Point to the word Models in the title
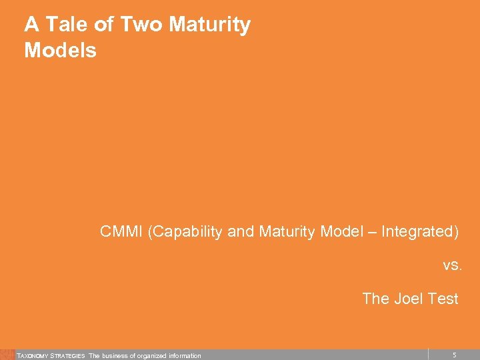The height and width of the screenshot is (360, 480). (60, 51)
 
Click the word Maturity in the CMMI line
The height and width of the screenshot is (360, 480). (283, 232)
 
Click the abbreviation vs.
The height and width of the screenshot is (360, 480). (452, 265)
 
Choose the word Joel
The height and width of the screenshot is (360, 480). (408, 299)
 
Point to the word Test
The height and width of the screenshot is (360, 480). (443, 299)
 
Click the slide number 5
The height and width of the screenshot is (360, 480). (454, 355)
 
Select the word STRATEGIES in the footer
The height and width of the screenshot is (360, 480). (68, 356)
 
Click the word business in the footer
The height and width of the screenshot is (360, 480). (116, 356)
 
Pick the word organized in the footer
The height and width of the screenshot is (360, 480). (155, 356)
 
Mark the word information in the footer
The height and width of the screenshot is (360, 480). (186, 356)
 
